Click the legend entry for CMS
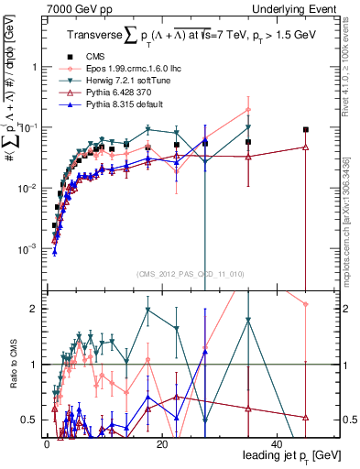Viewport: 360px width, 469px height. pos(94,57)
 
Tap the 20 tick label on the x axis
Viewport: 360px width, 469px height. pos(161,443)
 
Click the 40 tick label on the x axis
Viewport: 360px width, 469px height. pos(278,443)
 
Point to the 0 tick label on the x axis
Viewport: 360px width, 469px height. pos(46,443)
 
